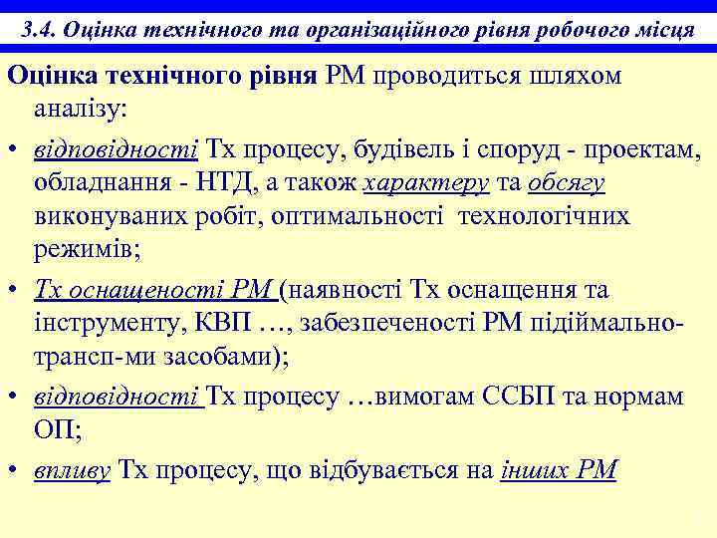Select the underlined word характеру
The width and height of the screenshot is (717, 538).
[x=426, y=184]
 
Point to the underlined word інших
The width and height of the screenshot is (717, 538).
[x=535, y=469]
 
